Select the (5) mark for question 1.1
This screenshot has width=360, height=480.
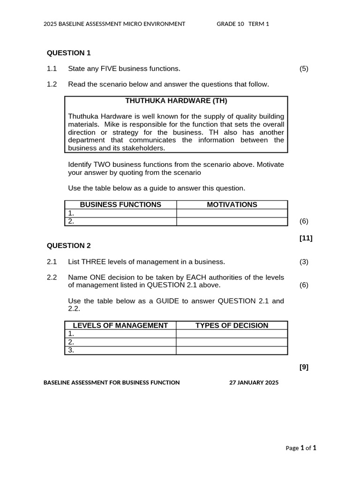pos(304,68)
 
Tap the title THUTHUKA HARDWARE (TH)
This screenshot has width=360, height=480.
pos(176,101)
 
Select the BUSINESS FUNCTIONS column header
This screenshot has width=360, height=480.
pos(120,204)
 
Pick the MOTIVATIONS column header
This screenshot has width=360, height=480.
pos(232,204)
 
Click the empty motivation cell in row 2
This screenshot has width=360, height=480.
pos(232,221)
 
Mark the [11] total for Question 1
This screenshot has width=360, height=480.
pos(306,238)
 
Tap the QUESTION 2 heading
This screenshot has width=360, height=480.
pos(68,246)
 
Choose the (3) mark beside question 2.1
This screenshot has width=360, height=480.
pos(304,262)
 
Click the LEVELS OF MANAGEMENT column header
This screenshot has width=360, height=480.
pos(120,325)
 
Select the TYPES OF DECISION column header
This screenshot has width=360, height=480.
pos(232,325)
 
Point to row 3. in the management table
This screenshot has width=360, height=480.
pos(72,350)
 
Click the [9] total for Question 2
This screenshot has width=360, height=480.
pos(304,367)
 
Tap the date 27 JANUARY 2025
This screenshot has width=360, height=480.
pos(254,382)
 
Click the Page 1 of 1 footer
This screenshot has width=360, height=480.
pos(301,448)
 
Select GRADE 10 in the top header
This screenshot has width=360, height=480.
pos(230,24)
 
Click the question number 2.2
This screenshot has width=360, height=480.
pos(52,277)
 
